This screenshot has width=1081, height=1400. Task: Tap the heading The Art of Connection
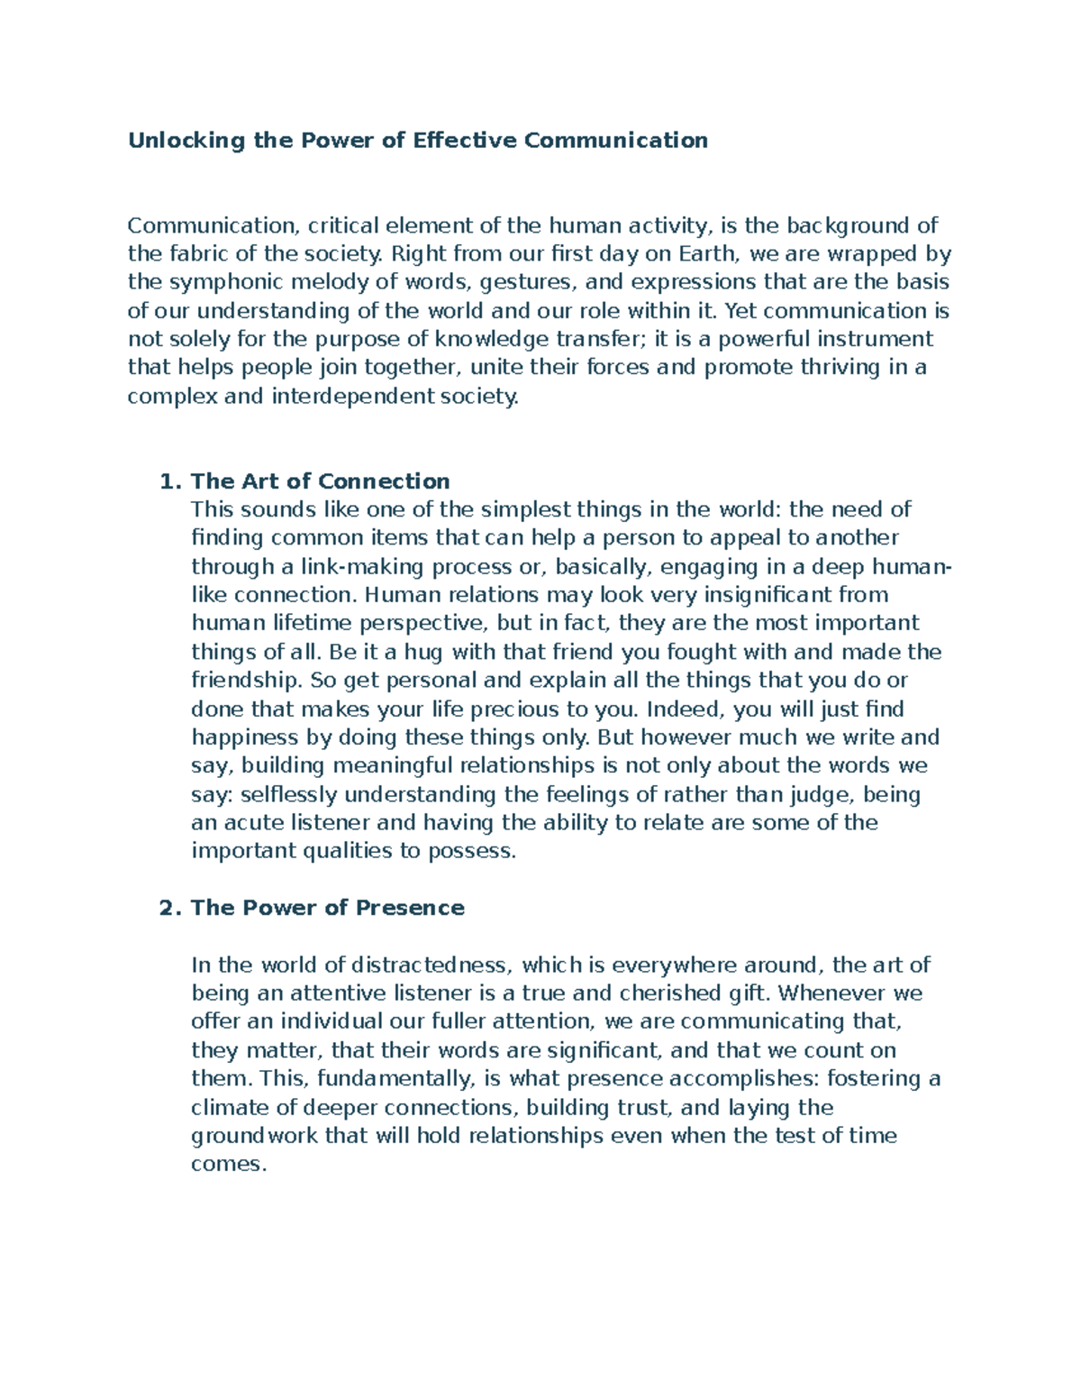coord(320,481)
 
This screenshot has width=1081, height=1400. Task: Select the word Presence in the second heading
coord(410,908)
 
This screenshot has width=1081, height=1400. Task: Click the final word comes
coord(229,1165)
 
